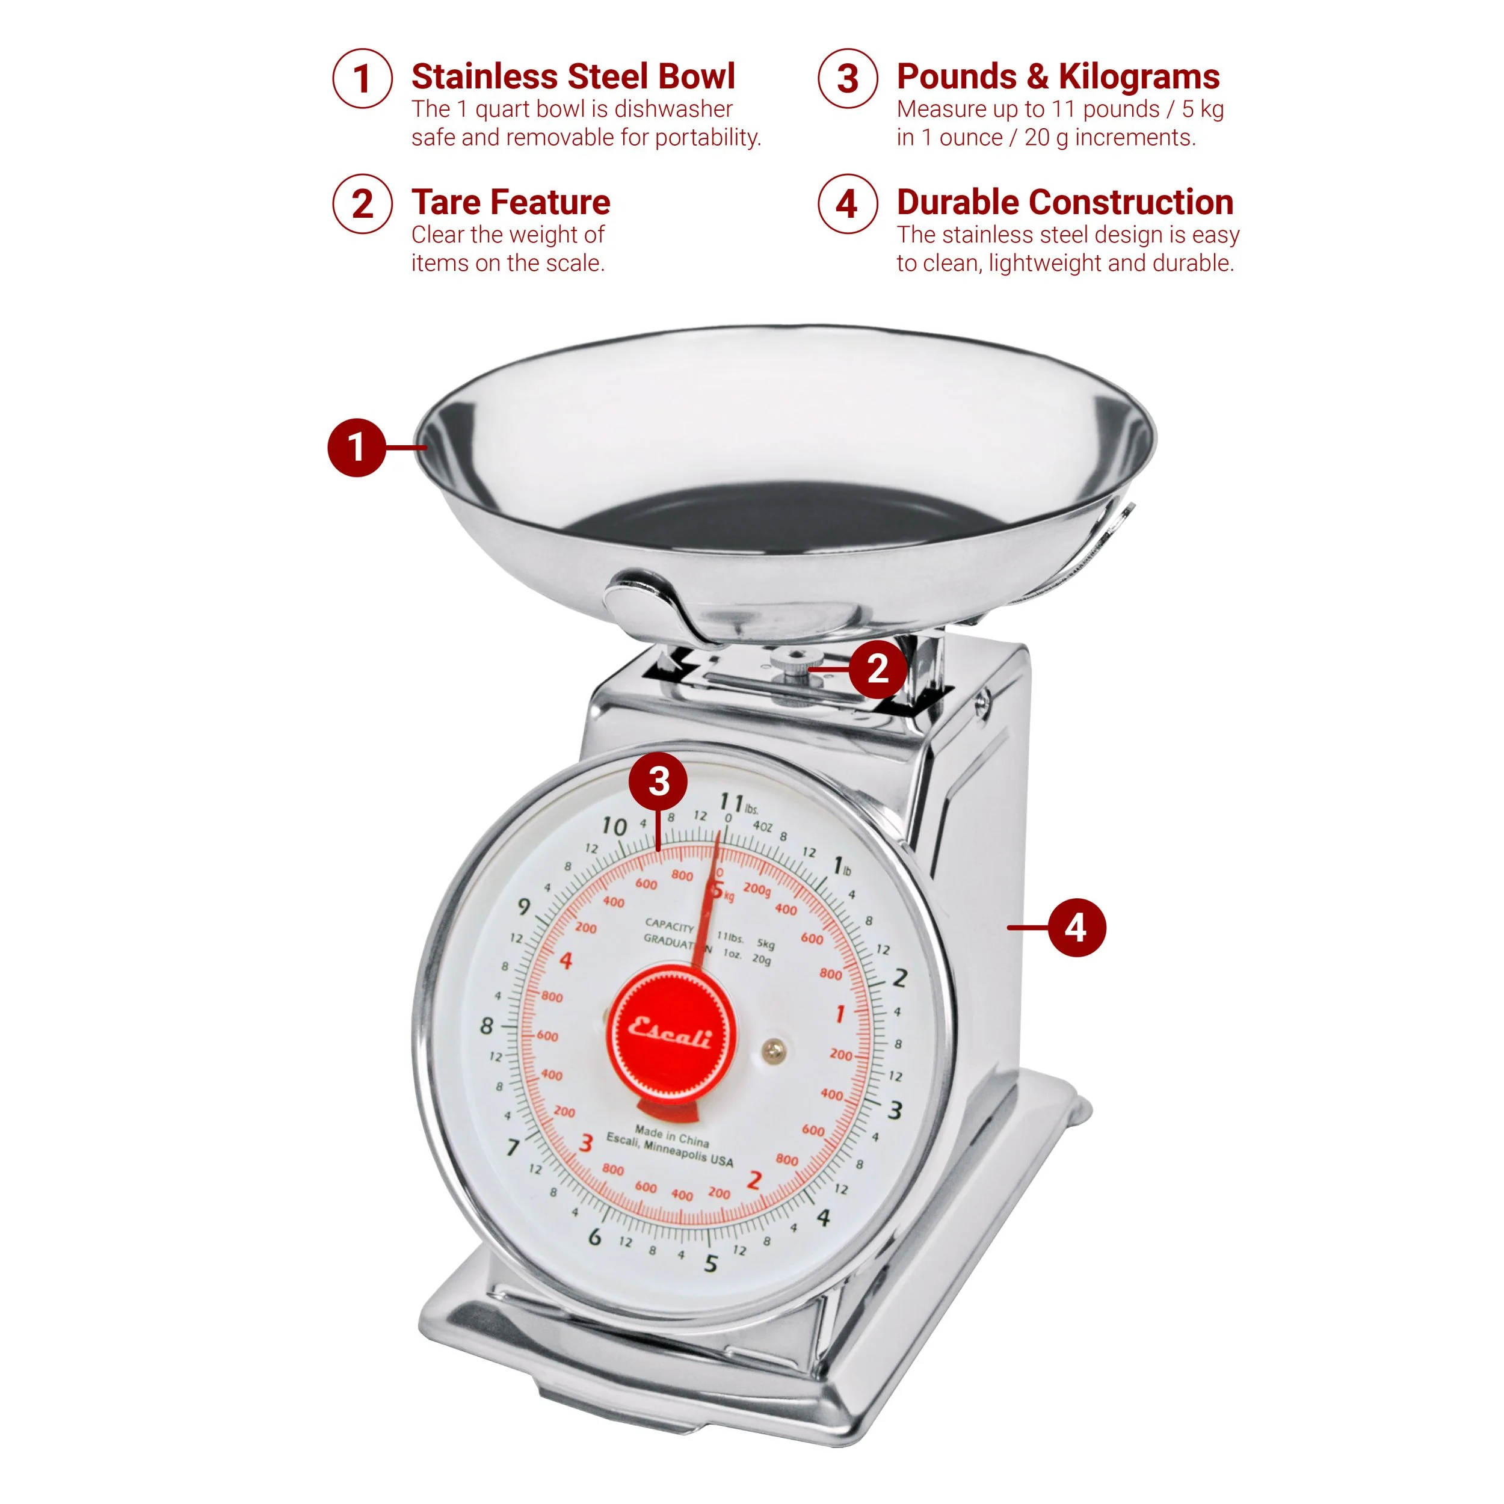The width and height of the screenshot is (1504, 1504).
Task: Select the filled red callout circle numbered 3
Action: click(659, 781)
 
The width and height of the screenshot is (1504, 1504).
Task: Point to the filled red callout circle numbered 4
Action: click(1077, 927)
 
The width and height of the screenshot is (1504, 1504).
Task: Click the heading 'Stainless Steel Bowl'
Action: click(573, 76)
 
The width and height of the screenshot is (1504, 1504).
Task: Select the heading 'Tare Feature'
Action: click(511, 202)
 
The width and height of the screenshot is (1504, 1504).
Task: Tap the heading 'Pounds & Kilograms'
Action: click(1058, 76)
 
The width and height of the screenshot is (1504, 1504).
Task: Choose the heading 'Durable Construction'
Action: click(1065, 202)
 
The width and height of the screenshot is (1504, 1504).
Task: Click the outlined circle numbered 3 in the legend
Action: click(848, 78)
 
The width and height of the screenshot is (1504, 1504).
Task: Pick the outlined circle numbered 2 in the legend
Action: click(363, 204)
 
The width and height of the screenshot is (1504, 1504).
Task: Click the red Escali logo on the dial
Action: click(670, 1032)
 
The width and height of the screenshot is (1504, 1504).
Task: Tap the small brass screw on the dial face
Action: click(773, 1050)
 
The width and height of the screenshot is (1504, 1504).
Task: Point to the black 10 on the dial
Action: click(614, 826)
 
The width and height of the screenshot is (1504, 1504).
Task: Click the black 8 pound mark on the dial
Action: click(487, 1026)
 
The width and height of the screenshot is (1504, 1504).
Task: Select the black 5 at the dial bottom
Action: click(710, 1263)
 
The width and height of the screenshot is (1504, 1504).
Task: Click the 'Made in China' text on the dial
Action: click(672, 1136)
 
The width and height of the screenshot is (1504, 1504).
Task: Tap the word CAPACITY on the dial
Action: click(670, 926)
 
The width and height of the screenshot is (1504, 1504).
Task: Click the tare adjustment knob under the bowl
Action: click(794, 665)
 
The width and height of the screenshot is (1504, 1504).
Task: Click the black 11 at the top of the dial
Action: click(732, 801)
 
